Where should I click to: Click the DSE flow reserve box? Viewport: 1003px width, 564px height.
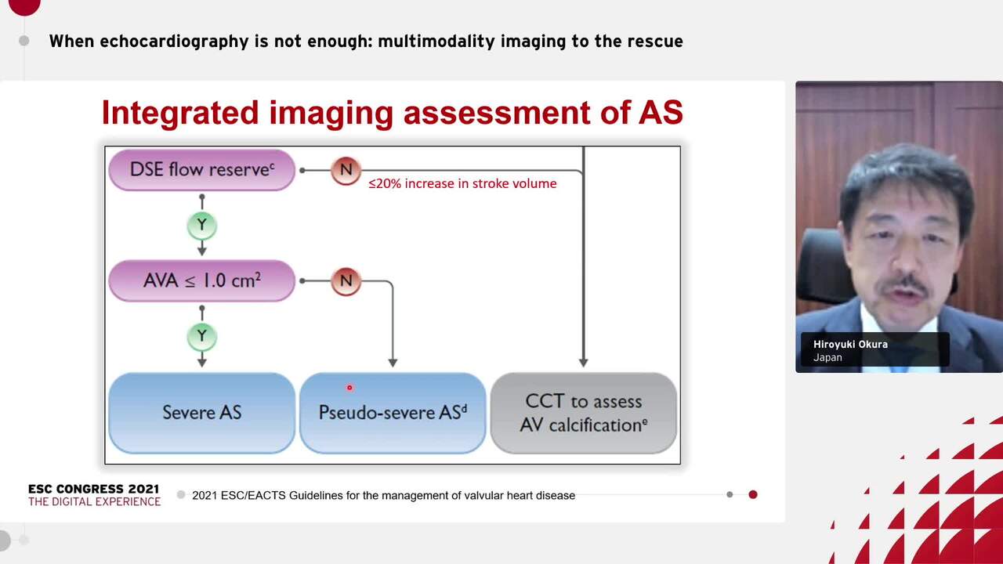point(202,170)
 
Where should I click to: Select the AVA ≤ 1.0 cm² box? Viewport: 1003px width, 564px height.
point(202,280)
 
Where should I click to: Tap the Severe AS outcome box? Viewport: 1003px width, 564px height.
point(202,413)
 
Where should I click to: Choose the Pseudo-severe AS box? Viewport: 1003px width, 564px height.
point(393,413)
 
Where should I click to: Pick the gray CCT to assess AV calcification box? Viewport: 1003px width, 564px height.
point(584,413)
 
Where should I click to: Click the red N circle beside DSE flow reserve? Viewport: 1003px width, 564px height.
point(346,170)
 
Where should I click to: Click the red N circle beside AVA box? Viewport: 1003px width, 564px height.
point(346,281)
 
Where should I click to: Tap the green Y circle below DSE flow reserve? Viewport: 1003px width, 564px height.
point(202,225)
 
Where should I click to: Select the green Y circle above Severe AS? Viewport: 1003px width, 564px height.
point(202,337)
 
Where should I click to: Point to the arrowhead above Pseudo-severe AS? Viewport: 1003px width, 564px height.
point(393,363)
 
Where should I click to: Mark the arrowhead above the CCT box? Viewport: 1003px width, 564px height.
point(584,363)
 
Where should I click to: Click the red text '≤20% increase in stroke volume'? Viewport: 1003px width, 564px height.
point(462,183)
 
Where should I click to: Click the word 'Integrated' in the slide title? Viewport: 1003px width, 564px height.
point(180,113)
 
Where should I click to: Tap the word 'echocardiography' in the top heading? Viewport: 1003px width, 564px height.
point(174,42)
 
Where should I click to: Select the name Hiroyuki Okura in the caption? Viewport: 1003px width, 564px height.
point(850,345)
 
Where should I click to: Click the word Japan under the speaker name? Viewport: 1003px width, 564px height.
point(827,358)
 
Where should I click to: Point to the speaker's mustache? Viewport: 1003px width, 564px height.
point(903,286)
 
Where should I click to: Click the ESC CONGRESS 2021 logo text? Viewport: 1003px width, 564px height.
point(93,489)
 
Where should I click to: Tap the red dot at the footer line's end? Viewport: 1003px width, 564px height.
point(753,494)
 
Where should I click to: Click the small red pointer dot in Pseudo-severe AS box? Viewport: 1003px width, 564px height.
point(349,388)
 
